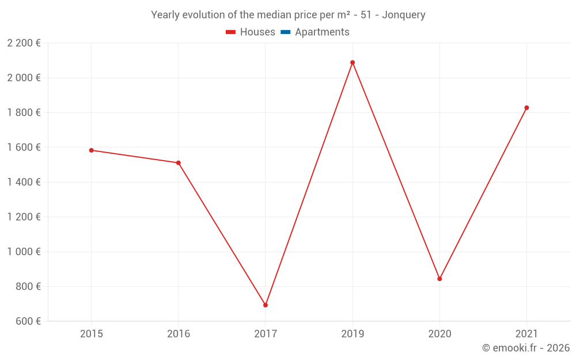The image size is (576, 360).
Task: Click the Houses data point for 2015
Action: [x=92, y=150]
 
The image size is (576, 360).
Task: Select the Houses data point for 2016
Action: [x=179, y=163]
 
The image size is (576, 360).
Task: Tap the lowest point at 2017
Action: [x=266, y=305]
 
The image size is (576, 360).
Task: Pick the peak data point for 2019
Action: [x=353, y=63]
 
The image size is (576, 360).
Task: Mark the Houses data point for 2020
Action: [x=439, y=279]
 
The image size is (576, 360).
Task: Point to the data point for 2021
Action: [x=526, y=108]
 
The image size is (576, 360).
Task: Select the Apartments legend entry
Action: [x=322, y=32]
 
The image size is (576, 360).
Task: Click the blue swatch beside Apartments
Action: [x=286, y=32]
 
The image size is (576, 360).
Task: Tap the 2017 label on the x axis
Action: [x=266, y=334]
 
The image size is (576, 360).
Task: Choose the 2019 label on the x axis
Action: [x=353, y=334]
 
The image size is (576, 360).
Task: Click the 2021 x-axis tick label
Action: [x=526, y=334]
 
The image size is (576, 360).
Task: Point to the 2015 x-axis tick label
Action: [x=92, y=334]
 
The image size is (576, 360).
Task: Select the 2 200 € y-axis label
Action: [x=24, y=43]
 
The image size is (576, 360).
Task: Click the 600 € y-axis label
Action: [x=27, y=321]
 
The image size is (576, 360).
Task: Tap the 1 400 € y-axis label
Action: [x=24, y=182]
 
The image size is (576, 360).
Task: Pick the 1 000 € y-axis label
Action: [x=24, y=252]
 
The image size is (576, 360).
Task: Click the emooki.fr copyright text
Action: [x=526, y=348]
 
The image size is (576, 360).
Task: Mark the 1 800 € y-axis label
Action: [x=24, y=112]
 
